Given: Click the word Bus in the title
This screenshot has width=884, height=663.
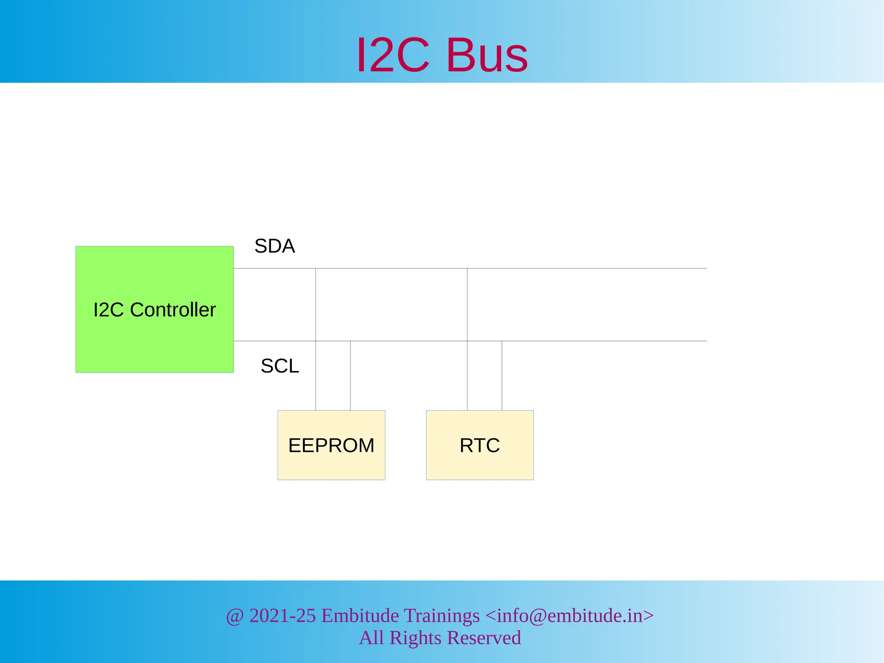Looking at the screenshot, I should click(x=487, y=55).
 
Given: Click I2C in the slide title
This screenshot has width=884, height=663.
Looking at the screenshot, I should click(x=393, y=55).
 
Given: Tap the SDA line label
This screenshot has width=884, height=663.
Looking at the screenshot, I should click(x=275, y=246).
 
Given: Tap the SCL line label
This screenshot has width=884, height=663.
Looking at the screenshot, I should click(x=280, y=366).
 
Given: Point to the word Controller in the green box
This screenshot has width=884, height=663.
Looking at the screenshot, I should click(x=173, y=310).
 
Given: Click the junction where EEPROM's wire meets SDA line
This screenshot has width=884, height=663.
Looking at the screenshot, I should click(x=316, y=268).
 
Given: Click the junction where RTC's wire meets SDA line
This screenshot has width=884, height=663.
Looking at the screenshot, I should click(x=467, y=268).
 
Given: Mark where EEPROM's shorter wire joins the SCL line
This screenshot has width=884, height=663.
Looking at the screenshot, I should click(x=350, y=341).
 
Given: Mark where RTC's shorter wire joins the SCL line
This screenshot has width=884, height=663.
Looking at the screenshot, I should click(x=502, y=341).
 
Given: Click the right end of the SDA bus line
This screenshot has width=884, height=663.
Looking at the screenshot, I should click(x=706, y=268).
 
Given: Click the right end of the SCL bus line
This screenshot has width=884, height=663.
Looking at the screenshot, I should click(x=706, y=341).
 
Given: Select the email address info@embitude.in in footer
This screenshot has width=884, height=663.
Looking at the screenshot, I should click(x=569, y=616).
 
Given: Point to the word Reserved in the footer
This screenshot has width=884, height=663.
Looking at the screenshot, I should click(x=483, y=638).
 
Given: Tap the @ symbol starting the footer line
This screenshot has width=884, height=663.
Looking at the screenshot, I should click(x=235, y=616).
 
